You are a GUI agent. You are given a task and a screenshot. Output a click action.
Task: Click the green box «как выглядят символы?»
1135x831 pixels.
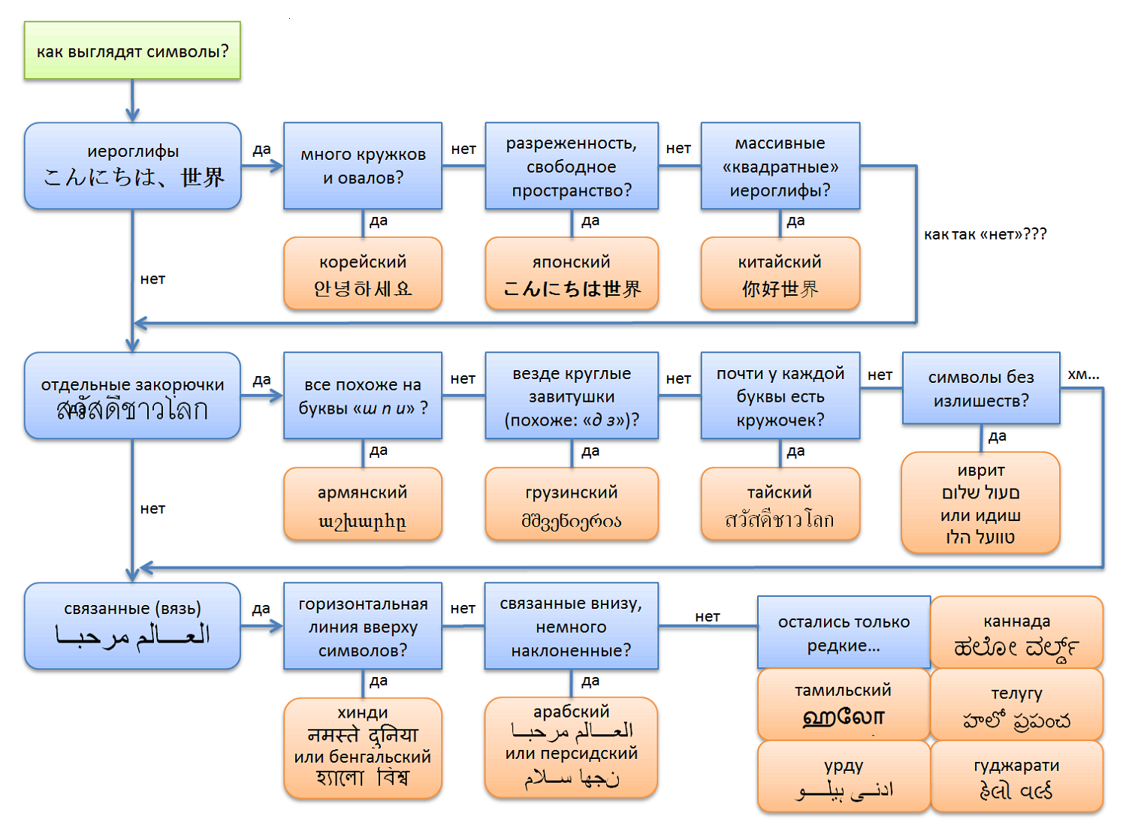[132, 51]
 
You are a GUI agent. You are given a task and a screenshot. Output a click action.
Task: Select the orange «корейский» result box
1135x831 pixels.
[363, 274]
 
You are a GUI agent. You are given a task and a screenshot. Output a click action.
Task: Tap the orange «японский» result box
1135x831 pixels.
[572, 274]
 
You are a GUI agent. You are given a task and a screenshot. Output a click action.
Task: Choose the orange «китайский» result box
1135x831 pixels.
[780, 274]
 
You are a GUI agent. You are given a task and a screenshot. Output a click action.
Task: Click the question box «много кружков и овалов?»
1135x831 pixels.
[363, 166]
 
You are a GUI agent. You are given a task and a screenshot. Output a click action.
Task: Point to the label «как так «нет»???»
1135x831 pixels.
[985, 234]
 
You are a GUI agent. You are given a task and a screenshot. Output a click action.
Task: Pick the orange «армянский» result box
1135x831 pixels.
[363, 504]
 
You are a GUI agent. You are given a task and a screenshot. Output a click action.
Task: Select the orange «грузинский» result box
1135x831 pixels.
[572, 504]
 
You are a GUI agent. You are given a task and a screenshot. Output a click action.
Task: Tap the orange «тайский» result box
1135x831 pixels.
[780, 504]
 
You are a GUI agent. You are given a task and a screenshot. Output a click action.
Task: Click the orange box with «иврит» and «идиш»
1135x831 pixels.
[980, 503]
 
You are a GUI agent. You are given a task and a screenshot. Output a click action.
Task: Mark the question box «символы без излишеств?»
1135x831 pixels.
[981, 388]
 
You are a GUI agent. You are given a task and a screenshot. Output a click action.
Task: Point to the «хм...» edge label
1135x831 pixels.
[1083, 374]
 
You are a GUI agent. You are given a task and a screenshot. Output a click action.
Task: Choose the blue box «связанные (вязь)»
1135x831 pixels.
[132, 626]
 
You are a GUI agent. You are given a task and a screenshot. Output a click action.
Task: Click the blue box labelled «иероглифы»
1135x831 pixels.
[132, 166]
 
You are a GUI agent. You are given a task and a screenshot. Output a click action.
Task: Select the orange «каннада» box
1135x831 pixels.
[1016, 633]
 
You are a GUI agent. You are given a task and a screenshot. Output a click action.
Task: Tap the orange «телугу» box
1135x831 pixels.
[1016, 706]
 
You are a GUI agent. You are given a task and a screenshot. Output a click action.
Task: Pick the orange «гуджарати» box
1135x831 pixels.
[1016, 777]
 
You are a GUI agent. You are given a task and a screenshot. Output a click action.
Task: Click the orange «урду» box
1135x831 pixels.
[844, 777]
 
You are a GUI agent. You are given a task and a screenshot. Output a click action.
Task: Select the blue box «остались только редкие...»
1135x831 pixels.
[844, 633]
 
